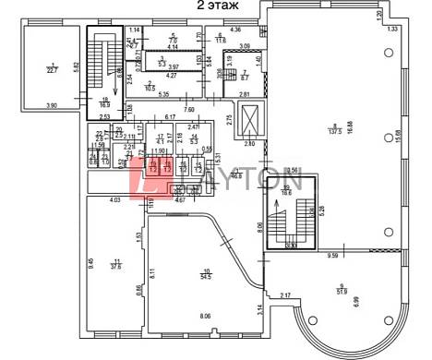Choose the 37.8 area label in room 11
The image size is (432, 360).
click(117, 267)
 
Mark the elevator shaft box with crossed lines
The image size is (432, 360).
click(250, 120)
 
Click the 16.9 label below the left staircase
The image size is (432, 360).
click(105, 105)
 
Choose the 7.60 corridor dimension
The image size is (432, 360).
click(188, 109)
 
